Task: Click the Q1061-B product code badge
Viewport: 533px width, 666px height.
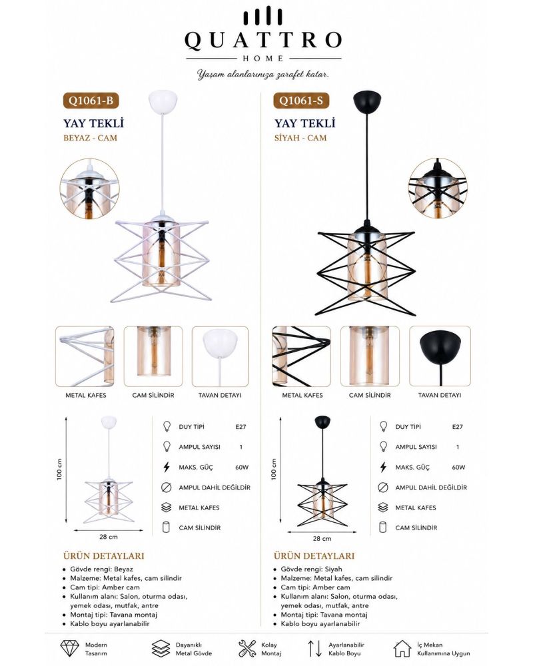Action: point(91,101)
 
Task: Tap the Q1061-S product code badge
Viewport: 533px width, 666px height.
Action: point(301,101)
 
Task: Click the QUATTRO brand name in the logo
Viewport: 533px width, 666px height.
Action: point(263,41)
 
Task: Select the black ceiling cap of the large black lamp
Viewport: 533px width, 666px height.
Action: point(367,102)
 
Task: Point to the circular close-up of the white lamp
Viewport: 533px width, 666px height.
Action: point(89,189)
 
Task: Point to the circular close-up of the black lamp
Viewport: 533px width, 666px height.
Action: point(437,188)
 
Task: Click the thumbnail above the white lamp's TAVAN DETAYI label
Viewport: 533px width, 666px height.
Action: point(220,356)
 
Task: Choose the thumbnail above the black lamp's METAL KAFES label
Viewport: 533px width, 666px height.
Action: point(301,356)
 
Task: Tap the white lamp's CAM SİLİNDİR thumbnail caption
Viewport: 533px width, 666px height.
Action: point(153,395)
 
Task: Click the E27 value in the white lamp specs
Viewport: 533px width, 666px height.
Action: point(241,427)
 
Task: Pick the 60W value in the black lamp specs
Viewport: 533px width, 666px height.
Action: point(458,468)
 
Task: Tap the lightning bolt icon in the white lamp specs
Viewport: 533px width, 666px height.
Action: point(167,468)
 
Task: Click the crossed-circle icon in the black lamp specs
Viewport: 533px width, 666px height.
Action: point(382,488)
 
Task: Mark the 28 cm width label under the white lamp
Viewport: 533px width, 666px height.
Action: point(109,537)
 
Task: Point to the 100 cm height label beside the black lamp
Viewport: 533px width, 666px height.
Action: point(274,469)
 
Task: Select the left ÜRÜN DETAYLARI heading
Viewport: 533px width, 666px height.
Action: point(104,555)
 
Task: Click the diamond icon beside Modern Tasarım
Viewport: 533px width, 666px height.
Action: point(69,649)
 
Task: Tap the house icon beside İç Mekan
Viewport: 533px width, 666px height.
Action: point(402,649)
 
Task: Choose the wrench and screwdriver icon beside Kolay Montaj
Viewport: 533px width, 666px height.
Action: point(247,649)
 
